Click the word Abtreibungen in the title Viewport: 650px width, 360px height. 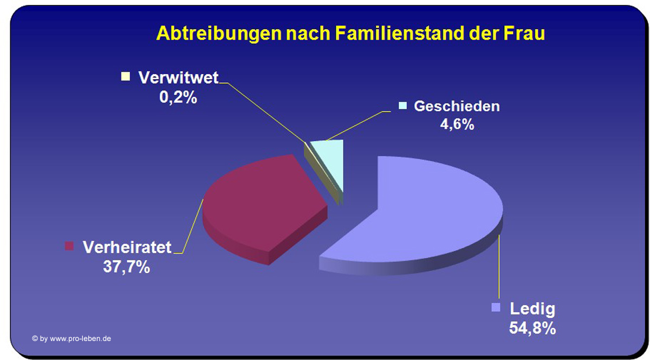[x=219, y=34]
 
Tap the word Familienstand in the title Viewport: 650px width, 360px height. [x=400, y=34]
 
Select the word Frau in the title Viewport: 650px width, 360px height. [x=524, y=34]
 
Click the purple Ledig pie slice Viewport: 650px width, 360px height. [x=421, y=215]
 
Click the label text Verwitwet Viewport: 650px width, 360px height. [x=178, y=77]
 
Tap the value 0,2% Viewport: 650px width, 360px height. [x=178, y=97]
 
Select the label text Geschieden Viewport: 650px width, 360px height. [x=457, y=106]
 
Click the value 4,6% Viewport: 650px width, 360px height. [x=457, y=125]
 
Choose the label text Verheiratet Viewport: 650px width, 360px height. [x=127, y=247]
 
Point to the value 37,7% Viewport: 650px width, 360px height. [x=127, y=266]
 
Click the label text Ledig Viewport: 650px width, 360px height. [x=532, y=309]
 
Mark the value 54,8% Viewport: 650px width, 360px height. [x=532, y=329]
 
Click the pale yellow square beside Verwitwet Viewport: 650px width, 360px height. [x=126, y=76]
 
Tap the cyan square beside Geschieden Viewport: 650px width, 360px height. [x=403, y=106]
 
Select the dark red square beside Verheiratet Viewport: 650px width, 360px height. [x=69, y=246]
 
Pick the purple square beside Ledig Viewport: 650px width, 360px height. [x=496, y=307]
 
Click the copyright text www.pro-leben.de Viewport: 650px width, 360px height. [x=80, y=339]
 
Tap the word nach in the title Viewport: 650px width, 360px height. [x=308, y=34]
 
